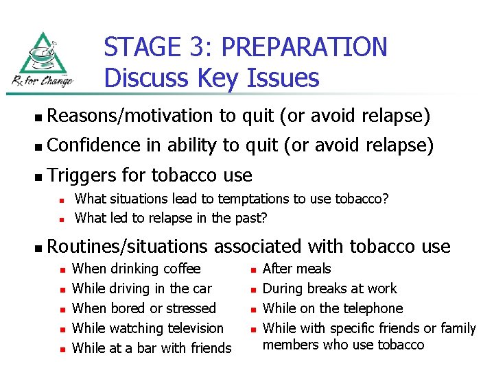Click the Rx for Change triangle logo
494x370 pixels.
(41, 60)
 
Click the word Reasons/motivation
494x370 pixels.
(131, 116)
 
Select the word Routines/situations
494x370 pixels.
(128, 246)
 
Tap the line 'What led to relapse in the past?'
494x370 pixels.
(171, 219)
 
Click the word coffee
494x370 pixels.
(180, 269)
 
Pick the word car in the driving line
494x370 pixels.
(202, 288)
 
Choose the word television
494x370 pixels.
(190, 328)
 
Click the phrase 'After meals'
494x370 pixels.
(296, 269)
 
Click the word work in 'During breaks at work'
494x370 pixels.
(382, 288)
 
